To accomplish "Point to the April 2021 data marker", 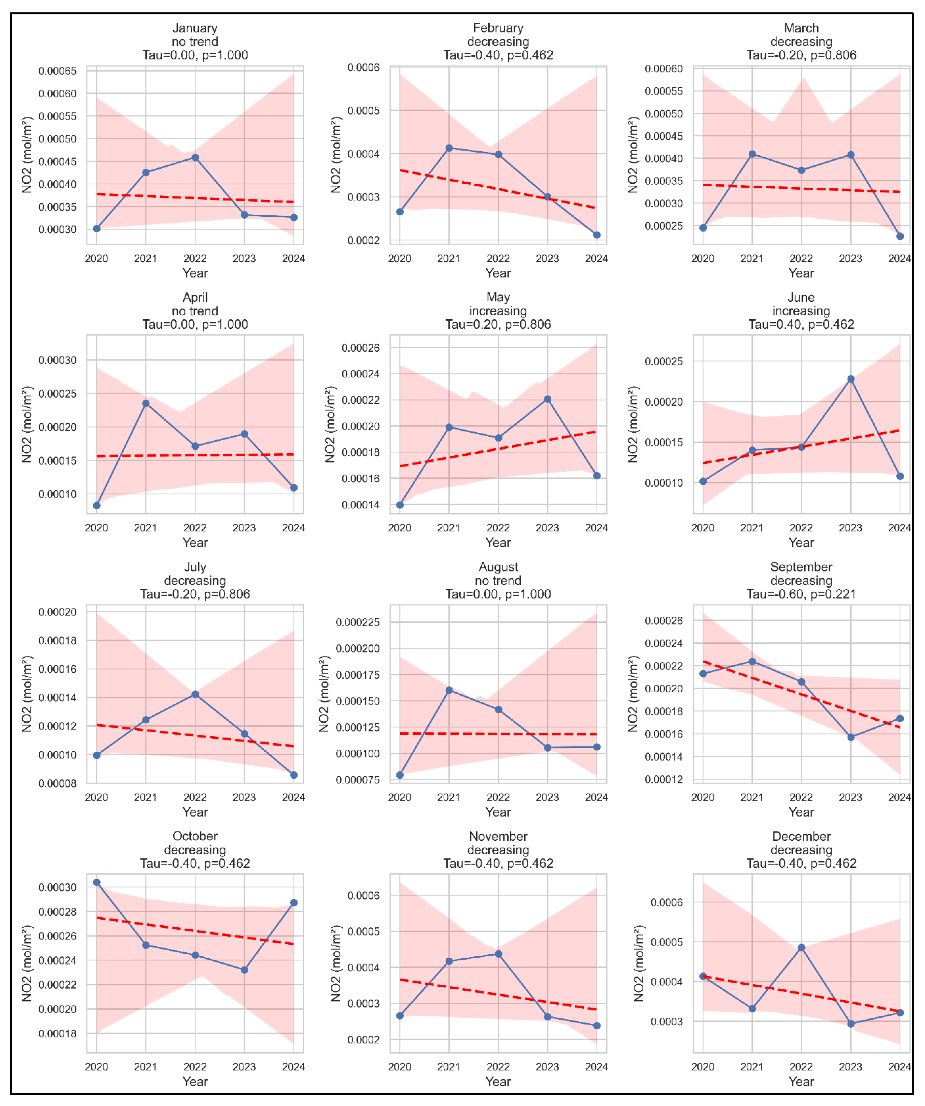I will pos(146,403).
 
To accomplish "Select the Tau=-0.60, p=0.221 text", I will pos(801,594).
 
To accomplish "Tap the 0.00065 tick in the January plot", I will pos(57,71).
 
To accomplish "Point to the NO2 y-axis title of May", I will pos(330,425).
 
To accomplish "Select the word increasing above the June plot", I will pos(801,311).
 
